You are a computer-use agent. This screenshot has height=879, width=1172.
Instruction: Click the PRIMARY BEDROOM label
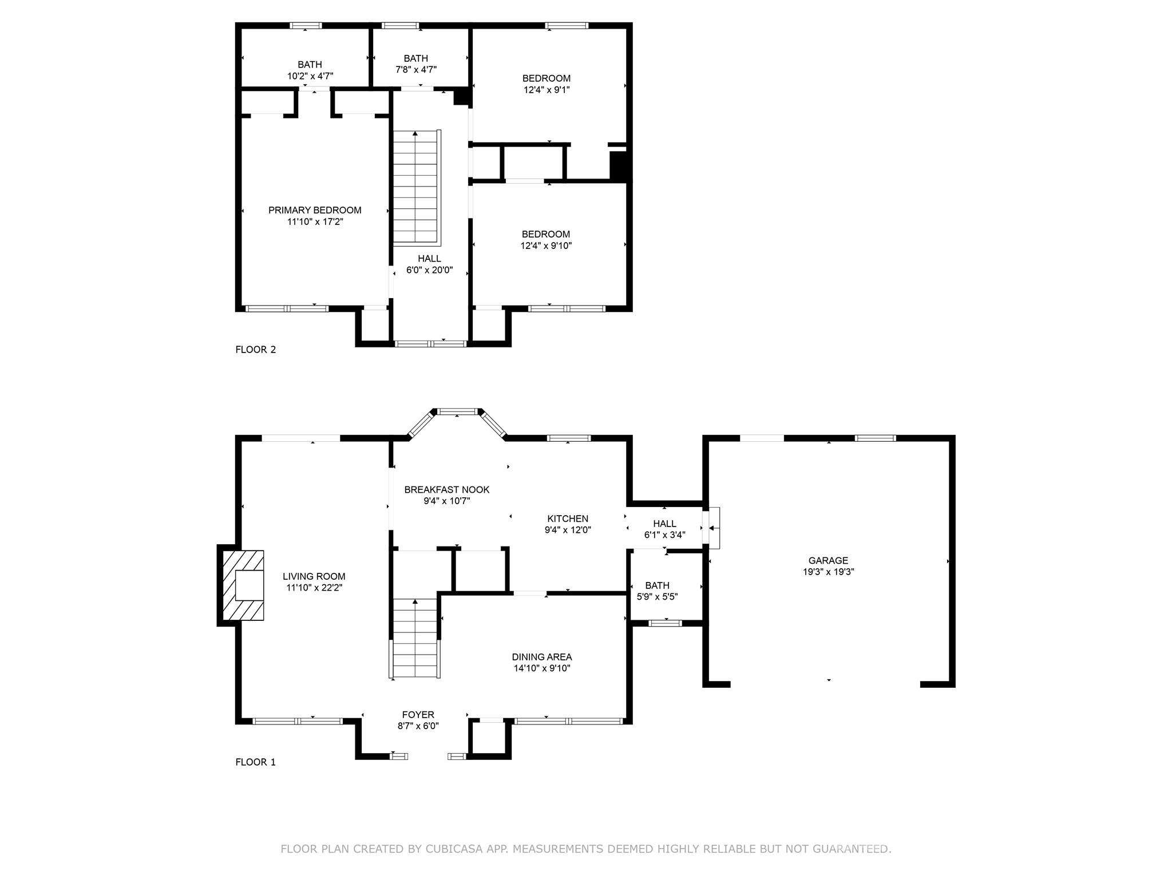point(315,211)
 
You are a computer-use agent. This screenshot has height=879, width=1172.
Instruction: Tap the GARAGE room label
point(828,561)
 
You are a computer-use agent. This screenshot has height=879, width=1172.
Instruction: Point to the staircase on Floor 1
point(415,639)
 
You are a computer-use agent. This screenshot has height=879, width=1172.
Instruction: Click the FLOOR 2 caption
point(256,350)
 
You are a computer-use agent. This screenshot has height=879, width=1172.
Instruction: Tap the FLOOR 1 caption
point(256,762)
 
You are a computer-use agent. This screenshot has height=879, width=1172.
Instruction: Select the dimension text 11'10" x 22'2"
point(314,588)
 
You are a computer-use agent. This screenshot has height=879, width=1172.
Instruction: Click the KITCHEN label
point(568,519)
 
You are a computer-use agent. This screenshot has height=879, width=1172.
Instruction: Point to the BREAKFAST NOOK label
point(447,490)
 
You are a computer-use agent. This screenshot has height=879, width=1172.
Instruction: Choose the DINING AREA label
point(542,658)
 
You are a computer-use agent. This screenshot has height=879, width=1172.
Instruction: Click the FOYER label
point(418,715)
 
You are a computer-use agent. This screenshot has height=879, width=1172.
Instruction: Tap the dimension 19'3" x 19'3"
point(828,572)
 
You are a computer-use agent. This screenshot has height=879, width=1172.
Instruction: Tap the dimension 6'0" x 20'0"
point(430,270)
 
